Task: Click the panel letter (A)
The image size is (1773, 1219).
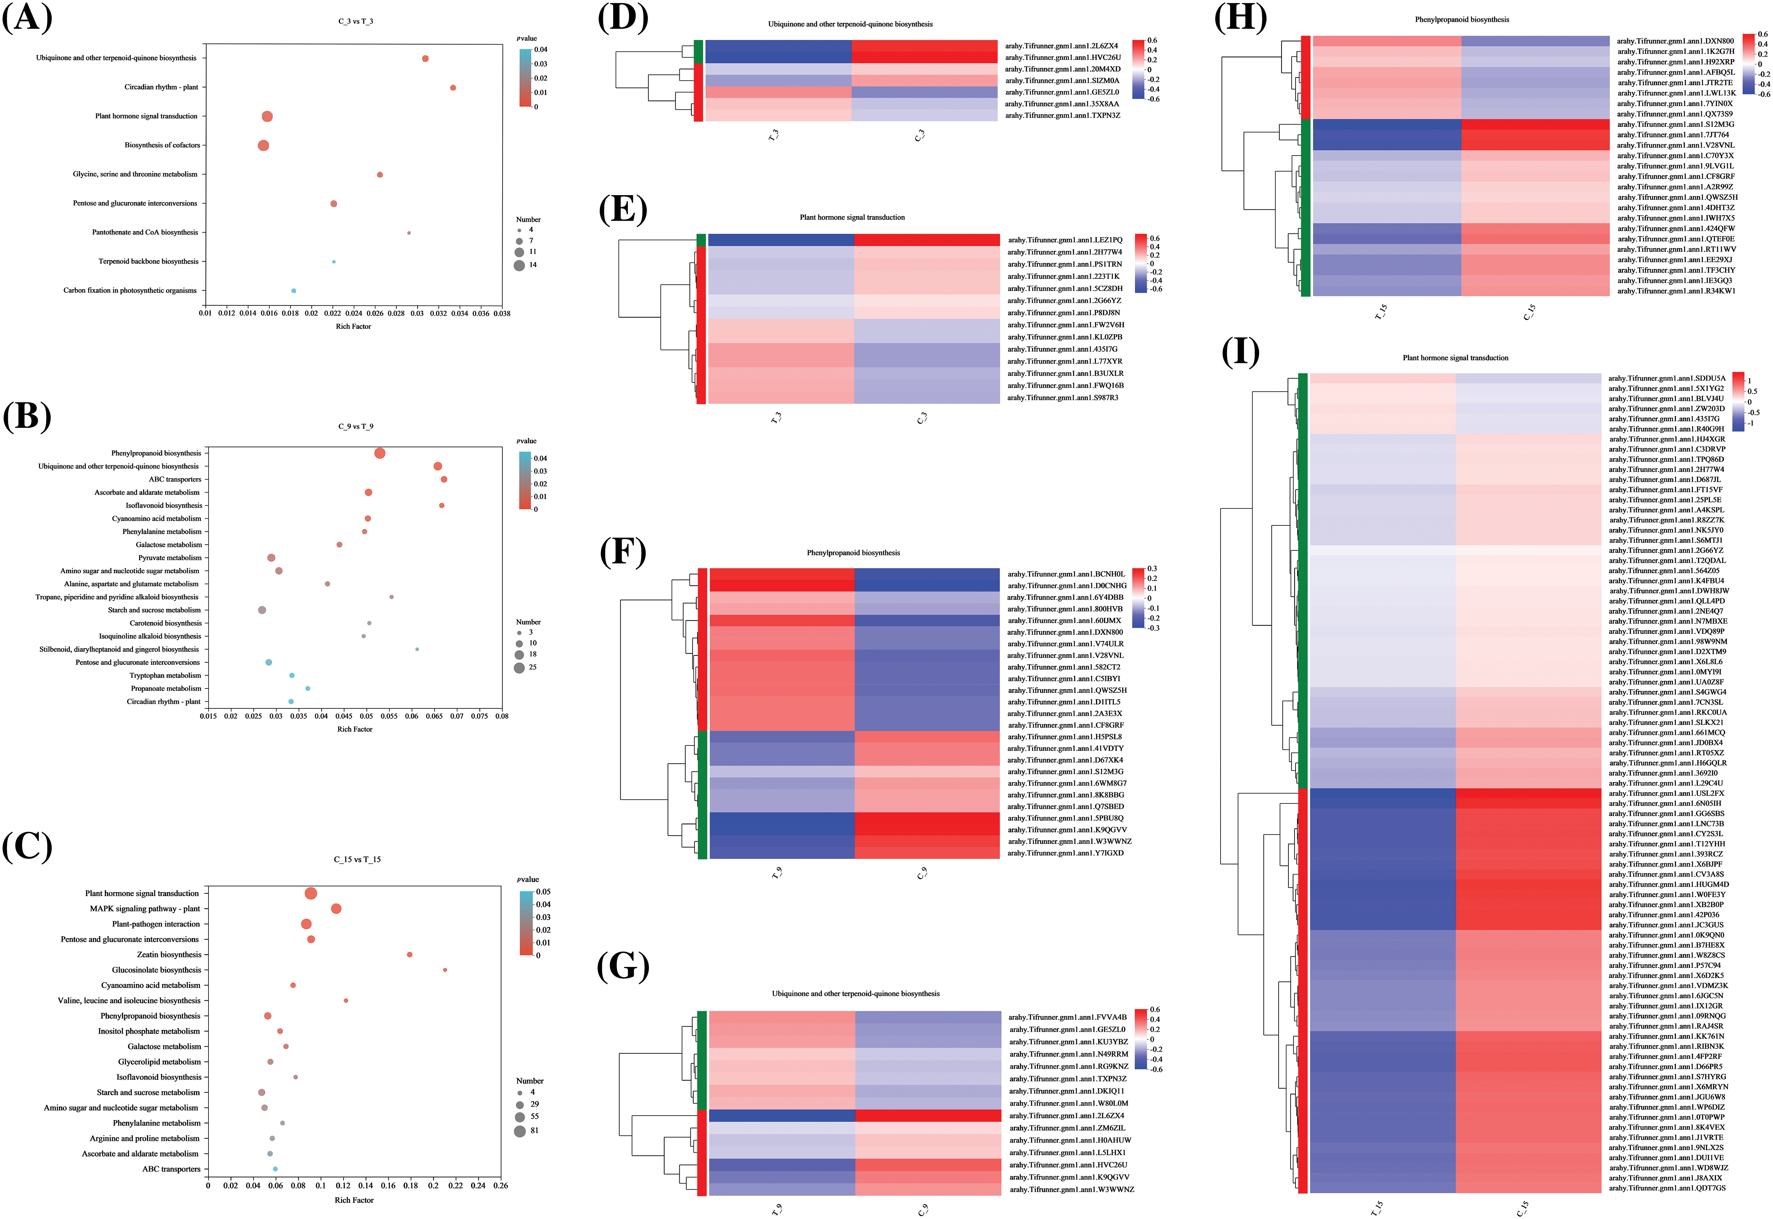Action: [28, 17]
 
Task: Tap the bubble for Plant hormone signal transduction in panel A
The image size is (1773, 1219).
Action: [266, 116]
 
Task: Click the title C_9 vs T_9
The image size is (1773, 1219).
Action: [355, 426]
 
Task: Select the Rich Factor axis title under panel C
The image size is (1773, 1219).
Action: [354, 1200]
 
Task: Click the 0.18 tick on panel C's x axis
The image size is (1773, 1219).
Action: [410, 1185]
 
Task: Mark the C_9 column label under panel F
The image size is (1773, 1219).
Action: [922, 873]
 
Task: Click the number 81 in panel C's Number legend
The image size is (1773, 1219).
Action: [534, 1130]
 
